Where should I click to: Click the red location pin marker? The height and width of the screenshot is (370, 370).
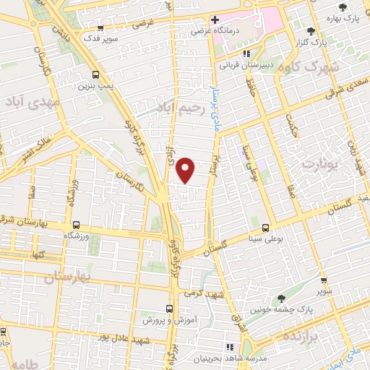(186, 170)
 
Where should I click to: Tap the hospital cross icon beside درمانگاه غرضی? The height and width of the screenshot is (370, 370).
(215, 19)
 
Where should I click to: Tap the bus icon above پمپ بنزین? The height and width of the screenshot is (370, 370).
(97, 74)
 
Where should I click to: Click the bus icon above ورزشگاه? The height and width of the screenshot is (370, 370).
(76, 225)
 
